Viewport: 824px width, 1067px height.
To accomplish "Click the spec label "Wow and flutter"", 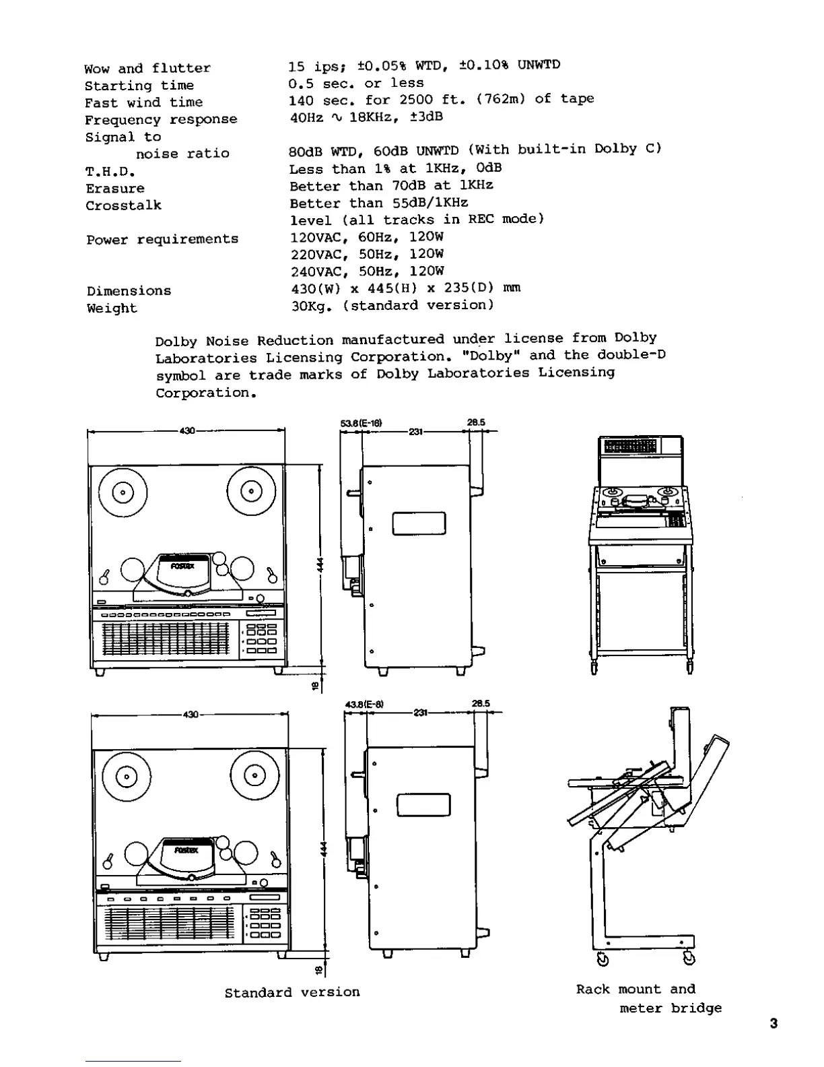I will pyautogui.click(x=147, y=68).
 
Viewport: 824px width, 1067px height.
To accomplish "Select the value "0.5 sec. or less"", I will pyautogui.click(x=356, y=83).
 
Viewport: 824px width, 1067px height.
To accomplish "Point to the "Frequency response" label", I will pyautogui.click(x=161, y=120).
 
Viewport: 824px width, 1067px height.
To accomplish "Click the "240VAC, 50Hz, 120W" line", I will pyautogui.click(x=367, y=271).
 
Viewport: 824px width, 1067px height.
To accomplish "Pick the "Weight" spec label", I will pyautogui.click(x=112, y=309).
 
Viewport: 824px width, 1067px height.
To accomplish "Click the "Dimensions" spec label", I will pyautogui.click(x=129, y=291).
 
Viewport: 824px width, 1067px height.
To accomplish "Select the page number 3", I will pyautogui.click(x=774, y=1024).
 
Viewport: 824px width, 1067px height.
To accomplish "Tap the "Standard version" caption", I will pyautogui.click(x=292, y=992).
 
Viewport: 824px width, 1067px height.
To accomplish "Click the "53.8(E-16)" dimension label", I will pyautogui.click(x=362, y=423).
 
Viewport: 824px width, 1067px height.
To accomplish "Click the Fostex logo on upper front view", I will pyautogui.click(x=182, y=566).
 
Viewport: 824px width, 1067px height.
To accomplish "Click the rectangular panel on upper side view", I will pyautogui.click(x=419, y=523).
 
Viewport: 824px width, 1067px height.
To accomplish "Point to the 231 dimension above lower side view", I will pyautogui.click(x=420, y=713).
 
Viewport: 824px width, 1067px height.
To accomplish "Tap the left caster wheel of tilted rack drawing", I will pyautogui.click(x=603, y=959).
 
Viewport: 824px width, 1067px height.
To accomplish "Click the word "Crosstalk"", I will pyautogui.click(x=123, y=205).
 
